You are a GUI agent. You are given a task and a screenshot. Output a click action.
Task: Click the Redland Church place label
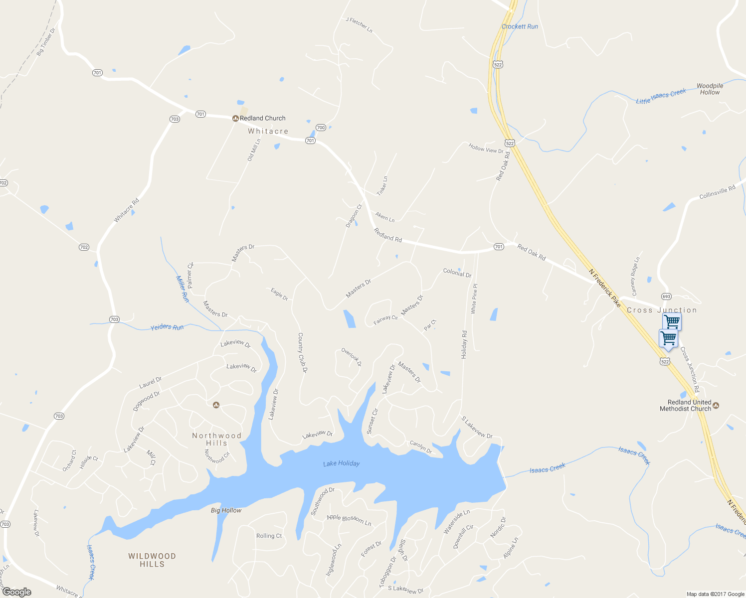pos(262,118)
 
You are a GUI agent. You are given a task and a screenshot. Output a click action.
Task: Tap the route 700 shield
pos(321,128)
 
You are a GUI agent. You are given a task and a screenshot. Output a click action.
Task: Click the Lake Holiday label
pos(341,463)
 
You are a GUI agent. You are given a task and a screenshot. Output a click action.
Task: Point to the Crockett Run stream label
pos(520,26)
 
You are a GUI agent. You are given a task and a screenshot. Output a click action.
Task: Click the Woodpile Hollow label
pos(710,89)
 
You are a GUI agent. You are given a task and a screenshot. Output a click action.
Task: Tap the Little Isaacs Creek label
pos(661,96)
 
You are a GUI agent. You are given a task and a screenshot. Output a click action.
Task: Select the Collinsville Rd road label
pos(717,192)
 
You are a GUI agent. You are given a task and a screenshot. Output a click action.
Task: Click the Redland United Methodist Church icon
pos(716,405)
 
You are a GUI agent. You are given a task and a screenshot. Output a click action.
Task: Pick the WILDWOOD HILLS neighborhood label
pos(152,560)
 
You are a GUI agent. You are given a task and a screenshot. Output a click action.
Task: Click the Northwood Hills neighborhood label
pos(217,439)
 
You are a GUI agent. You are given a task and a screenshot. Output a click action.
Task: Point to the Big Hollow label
pos(226,510)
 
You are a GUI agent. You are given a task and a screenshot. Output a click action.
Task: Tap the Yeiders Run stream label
pos(167,327)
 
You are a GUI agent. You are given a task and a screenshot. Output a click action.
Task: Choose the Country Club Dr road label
pos(302,352)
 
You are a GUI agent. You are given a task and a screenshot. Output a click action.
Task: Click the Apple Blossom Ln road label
pos(349,520)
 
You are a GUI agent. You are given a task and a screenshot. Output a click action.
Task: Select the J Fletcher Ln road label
pos(359,25)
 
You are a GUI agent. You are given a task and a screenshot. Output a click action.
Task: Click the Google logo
pos(16,592)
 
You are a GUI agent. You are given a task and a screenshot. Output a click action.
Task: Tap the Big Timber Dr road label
pos(46,41)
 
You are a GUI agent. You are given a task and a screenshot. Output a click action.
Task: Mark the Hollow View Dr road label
pos(486,148)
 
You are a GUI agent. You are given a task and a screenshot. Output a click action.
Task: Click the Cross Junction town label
pos(662,310)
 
